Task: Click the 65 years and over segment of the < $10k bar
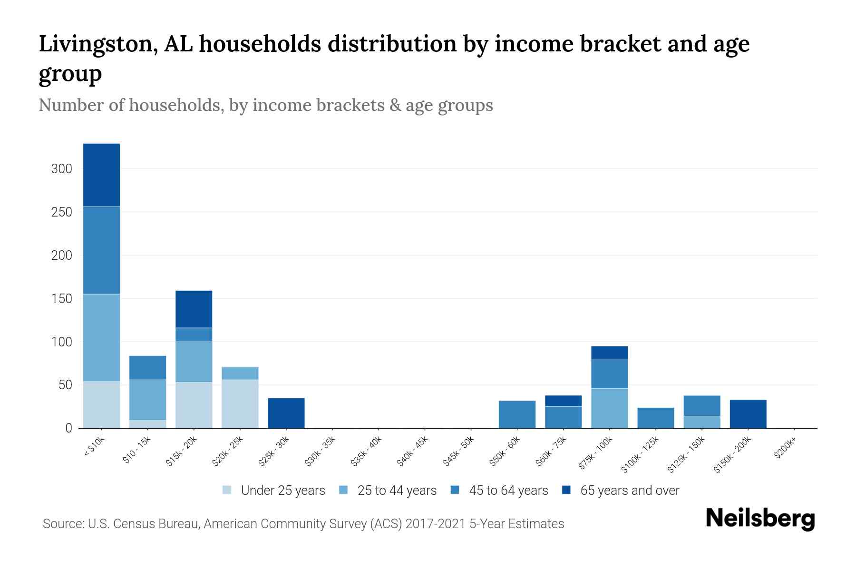101,175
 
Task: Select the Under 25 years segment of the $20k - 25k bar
240,404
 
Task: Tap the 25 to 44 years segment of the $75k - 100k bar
609,408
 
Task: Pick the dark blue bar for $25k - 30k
286,413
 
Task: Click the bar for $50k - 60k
517,414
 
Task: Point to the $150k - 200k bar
748,413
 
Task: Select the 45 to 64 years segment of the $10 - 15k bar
147,367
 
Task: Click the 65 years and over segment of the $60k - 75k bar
563,401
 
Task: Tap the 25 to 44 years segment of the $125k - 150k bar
701,422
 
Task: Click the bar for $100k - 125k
655,417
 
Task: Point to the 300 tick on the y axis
62,169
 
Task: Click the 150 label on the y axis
62,299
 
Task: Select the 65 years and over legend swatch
566,491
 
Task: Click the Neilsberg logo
760,518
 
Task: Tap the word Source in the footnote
63,524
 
